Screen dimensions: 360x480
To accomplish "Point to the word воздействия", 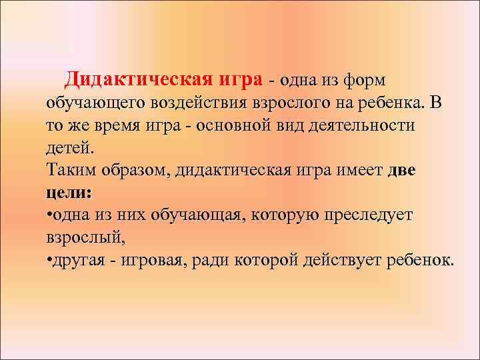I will tap(201, 104).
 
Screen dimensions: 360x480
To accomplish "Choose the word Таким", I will tap(73, 170).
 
